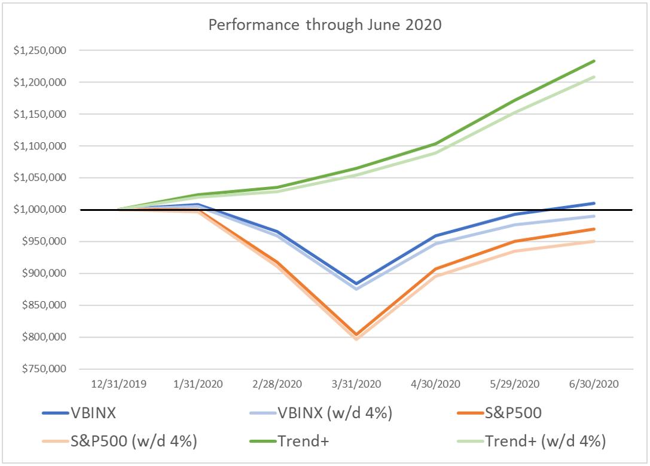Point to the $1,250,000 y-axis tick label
[40, 50]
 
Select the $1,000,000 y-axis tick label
[40, 210]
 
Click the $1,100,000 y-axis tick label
[40, 146]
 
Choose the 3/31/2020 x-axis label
[357, 383]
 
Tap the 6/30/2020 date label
[594, 383]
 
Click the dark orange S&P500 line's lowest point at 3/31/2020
[357, 335]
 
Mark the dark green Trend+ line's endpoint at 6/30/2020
[594, 61]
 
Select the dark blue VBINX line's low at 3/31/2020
[357, 284]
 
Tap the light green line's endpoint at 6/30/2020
[594, 76]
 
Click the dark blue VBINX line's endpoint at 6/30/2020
[594, 203]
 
